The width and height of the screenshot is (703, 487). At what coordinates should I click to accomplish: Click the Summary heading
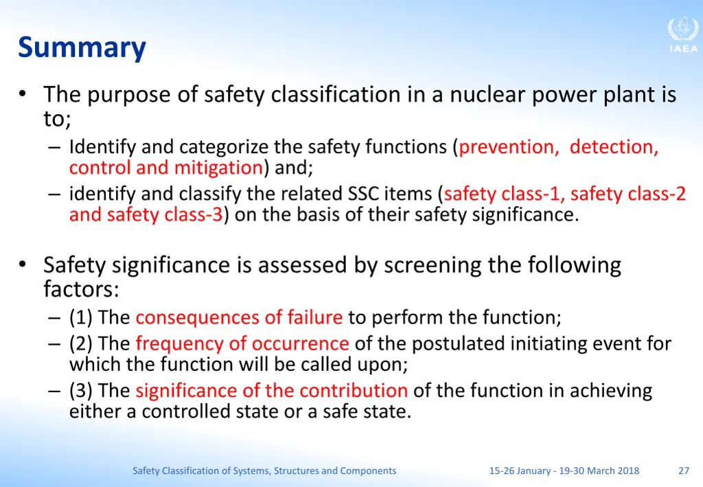82,48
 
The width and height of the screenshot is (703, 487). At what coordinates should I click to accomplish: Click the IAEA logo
682,35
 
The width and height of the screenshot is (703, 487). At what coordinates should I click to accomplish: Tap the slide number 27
683,471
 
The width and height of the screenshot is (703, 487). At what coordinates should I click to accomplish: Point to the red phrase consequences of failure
239,317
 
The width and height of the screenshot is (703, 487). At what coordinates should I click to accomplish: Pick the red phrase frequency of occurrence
242,343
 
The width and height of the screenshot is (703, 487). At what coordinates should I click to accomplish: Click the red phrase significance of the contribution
271,390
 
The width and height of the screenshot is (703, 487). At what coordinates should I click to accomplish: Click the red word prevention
509,147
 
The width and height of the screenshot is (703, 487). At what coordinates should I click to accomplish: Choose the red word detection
614,147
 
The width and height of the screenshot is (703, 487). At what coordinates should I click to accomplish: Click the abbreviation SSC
365,194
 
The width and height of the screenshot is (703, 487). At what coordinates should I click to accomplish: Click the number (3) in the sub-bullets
82,390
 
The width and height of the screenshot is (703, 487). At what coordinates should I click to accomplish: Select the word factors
81,289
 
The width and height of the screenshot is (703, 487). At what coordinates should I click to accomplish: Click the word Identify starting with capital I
103,147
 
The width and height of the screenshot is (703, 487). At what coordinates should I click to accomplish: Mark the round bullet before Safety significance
23,264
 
